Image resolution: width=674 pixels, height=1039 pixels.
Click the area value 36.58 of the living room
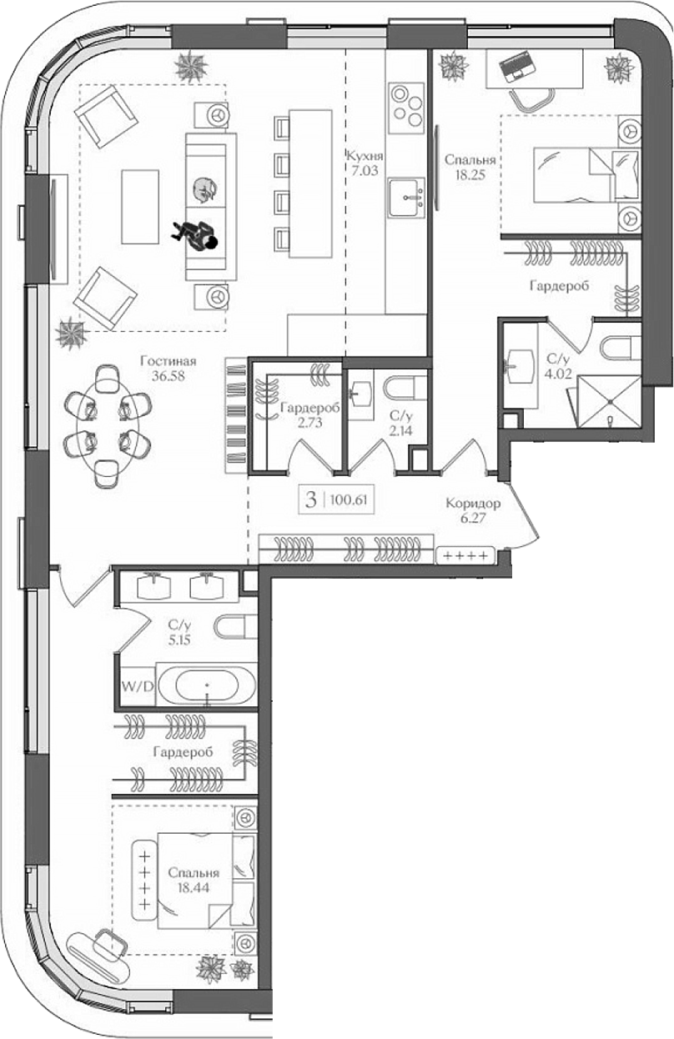pyautogui.click(x=168, y=376)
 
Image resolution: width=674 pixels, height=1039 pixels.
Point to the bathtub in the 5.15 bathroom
pyautogui.click(x=206, y=687)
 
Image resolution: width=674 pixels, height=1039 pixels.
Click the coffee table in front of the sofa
pyautogui.click(x=139, y=207)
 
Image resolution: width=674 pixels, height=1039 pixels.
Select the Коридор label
pyautogui.click(x=473, y=504)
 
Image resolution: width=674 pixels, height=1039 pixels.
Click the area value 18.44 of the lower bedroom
pyautogui.click(x=193, y=889)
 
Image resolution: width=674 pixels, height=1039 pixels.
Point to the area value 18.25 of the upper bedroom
pyautogui.click(x=470, y=175)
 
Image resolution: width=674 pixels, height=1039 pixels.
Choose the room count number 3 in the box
pyautogui.click(x=311, y=500)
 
